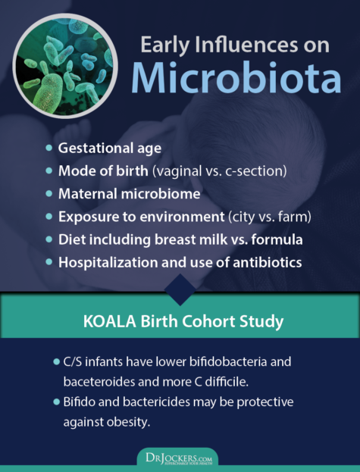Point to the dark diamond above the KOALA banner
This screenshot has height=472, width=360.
coord(180,286)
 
